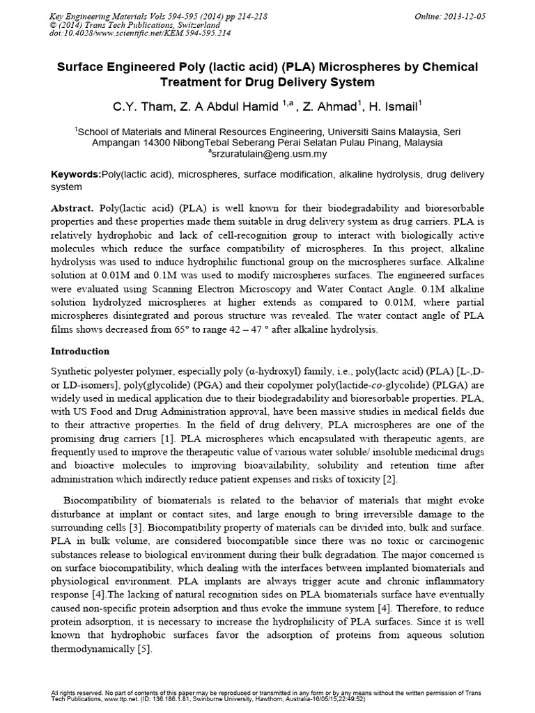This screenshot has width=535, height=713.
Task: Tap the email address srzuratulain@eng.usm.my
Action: coord(267,154)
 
